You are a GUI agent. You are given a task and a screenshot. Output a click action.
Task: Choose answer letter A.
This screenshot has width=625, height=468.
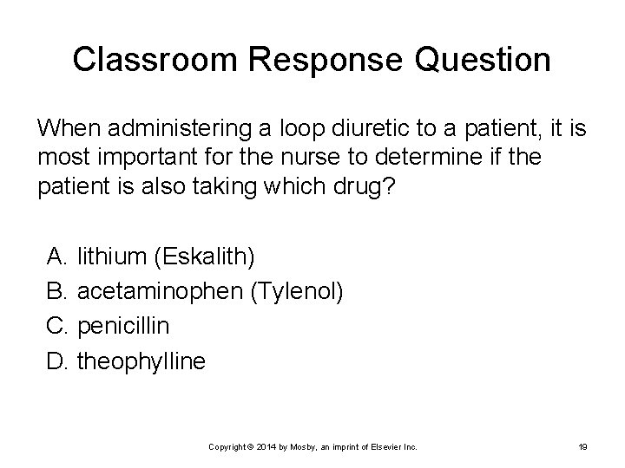point(58,257)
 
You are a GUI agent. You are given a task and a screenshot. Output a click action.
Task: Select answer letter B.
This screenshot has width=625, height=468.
point(58,291)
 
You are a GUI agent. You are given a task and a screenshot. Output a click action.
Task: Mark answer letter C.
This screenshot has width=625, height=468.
point(58,326)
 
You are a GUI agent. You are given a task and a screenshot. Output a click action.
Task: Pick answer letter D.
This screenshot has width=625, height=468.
point(58,361)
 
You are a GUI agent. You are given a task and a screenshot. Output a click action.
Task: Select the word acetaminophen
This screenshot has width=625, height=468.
point(160,291)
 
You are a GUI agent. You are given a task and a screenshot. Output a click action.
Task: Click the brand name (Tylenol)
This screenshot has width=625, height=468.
point(296,291)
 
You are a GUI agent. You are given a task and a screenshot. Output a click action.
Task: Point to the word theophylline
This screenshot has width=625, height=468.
point(141,361)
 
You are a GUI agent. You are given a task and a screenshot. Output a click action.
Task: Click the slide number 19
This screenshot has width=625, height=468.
point(582,446)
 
